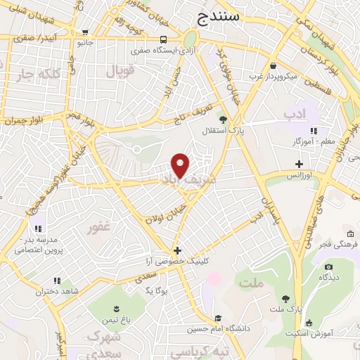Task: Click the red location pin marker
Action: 181,165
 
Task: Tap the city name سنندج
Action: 219,15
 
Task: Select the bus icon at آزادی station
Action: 163,39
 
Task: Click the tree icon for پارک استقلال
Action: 223,120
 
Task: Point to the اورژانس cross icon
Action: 299,163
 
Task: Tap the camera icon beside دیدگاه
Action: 328,266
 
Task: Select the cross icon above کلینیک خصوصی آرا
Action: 177,250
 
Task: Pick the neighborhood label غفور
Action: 99,228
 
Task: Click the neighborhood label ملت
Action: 251,283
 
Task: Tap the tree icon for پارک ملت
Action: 285,299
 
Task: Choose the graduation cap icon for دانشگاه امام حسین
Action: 218,318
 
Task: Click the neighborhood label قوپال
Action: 119,72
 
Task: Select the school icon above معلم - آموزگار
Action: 314,131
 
